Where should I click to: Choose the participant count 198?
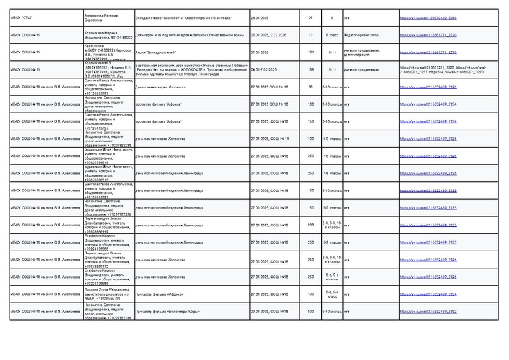tap(310, 70)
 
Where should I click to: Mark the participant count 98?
tap(310, 87)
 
